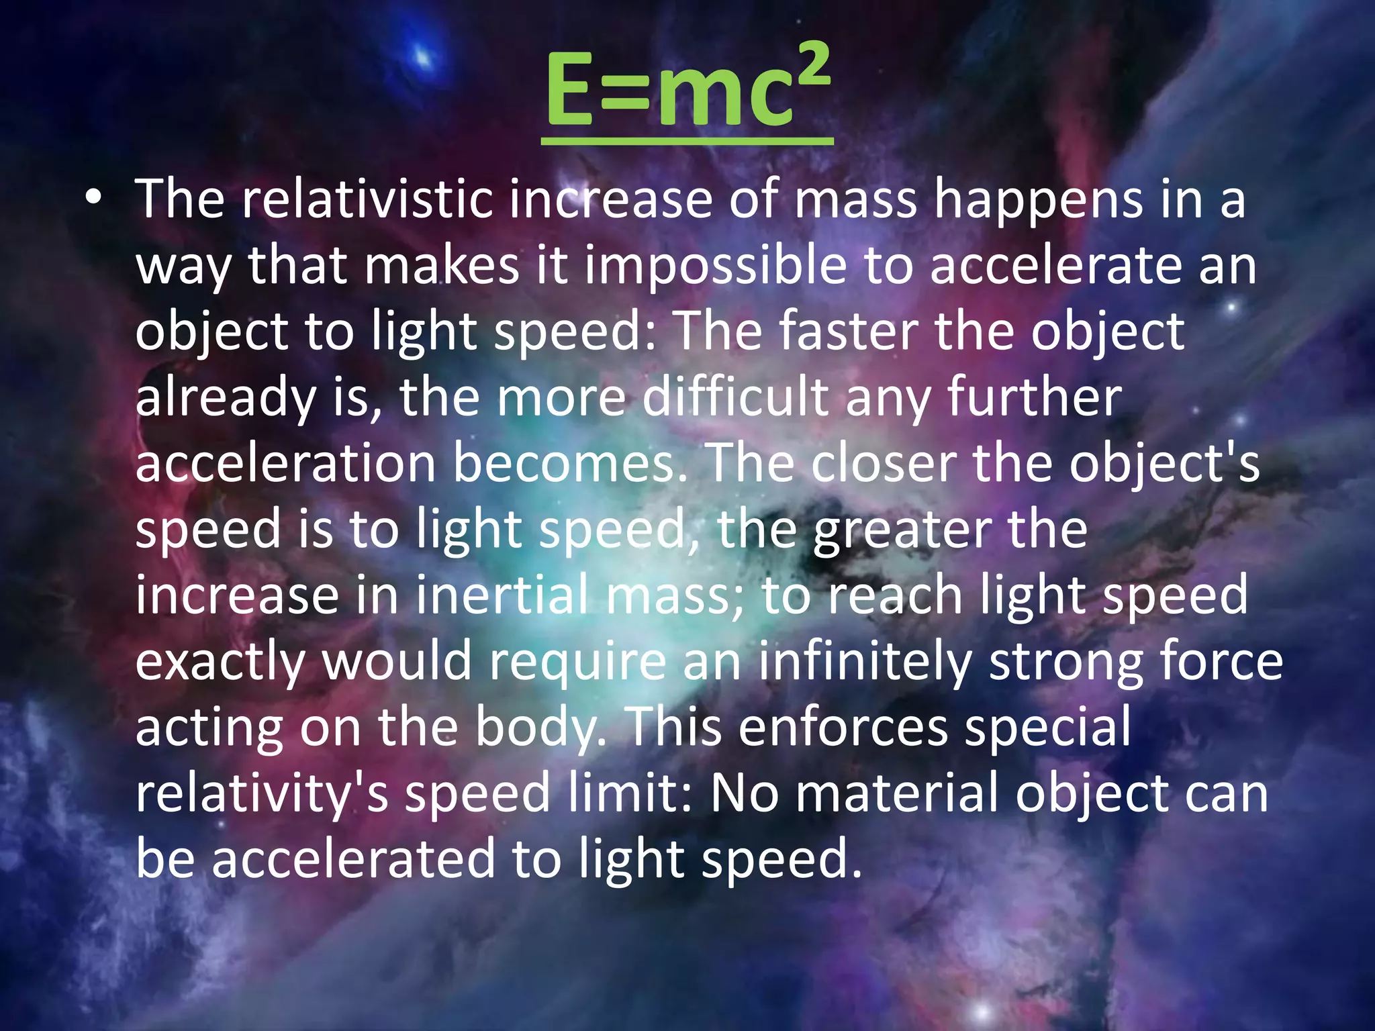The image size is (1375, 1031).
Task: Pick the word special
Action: coord(1047,727)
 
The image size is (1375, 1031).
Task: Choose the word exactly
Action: coord(220,661)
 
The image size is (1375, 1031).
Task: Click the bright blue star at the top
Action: coord(424,55)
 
